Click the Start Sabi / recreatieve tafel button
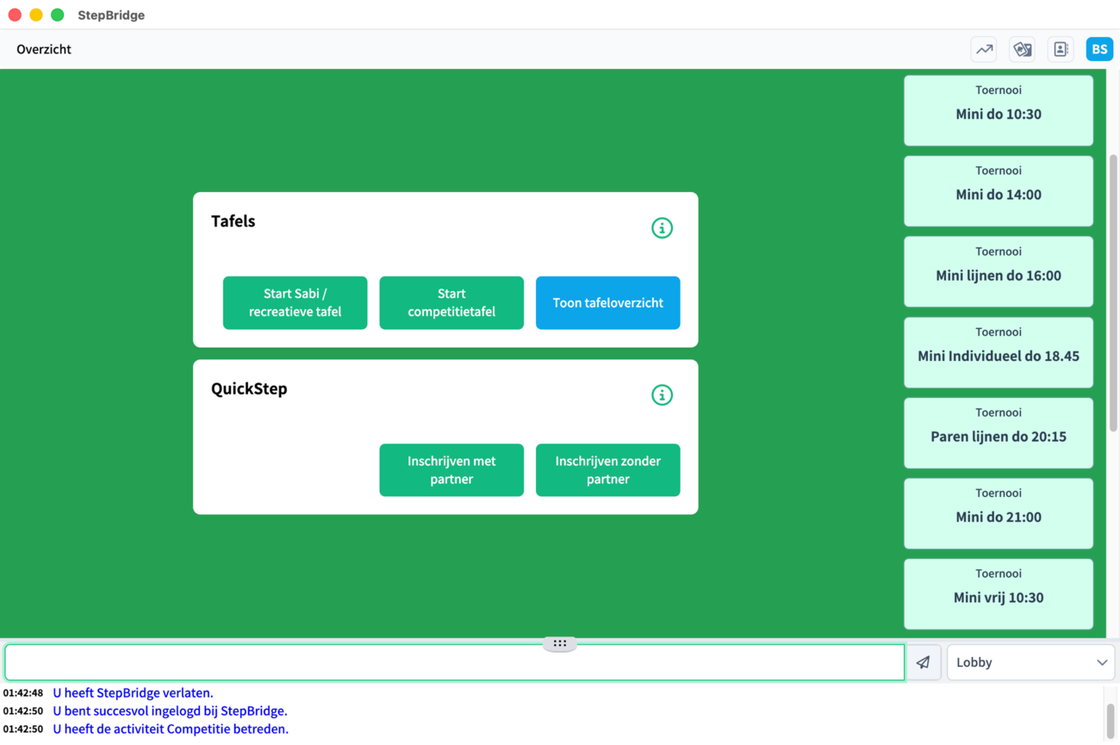[x=295, y=302]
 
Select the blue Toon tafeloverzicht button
[x=608, y=302]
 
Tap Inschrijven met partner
[x=451, y=470]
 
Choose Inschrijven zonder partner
[x=608, y=470]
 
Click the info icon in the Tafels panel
[x=662, y=228]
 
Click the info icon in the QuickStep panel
[x=662, y=395]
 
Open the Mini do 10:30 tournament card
[x=999, y=110]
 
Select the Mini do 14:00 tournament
[x=999, y=191]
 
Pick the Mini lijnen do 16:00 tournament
[x=999, y=271]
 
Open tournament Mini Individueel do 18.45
[x=999, y=352]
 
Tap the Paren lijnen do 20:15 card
[x=999, y=433]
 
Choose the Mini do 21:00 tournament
[x=999, y=513]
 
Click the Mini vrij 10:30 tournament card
[x=999, y=594]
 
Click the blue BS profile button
[x=1099, y=49]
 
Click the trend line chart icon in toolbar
[x=984, y=49]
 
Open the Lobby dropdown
[x=1031, y=662]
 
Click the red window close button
[x=15, y=15]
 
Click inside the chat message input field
[x=455, y=662]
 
